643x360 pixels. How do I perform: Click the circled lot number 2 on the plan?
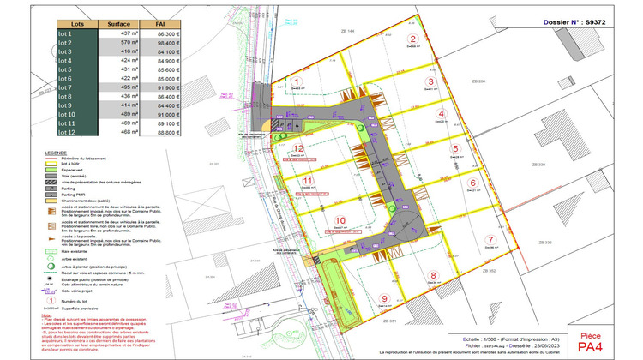coord(412,39)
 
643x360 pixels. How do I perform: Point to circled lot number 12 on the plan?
coord(297,147)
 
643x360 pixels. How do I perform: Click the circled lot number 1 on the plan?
coord(297,83)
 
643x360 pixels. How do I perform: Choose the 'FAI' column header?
coord(160,24)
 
